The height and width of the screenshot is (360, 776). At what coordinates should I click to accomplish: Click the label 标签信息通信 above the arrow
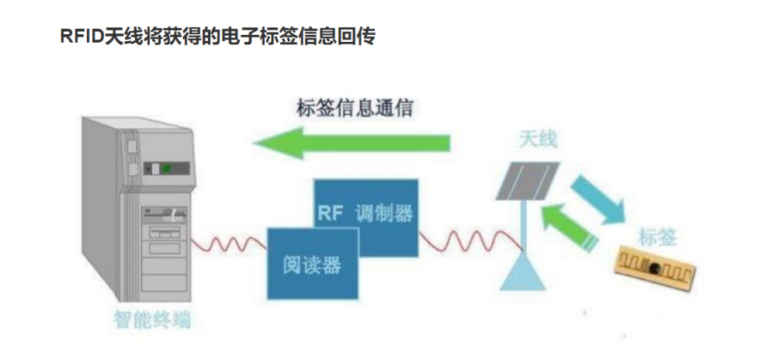coord(355,108)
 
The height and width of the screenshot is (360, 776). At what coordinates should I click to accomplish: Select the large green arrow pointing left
coord(352,143)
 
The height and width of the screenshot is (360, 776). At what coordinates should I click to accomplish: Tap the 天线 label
coord(538,140)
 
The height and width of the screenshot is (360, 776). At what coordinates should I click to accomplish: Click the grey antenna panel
coord(528,181)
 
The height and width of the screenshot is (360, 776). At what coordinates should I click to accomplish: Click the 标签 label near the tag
coord(656,238)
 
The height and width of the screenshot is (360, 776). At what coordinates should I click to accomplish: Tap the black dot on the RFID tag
coord(654,268)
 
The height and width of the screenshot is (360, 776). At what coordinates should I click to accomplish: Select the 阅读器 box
coord(312,264)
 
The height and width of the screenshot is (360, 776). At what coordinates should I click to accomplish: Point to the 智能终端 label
coord(152,320)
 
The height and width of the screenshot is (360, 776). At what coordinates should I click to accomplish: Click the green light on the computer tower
coord(167,168)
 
